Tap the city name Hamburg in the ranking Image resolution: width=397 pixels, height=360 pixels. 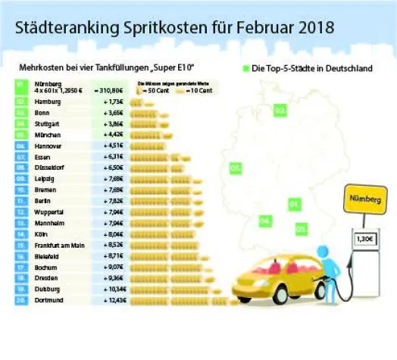48,101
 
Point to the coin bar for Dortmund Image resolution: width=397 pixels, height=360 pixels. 182,301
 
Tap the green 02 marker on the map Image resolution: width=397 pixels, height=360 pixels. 280,111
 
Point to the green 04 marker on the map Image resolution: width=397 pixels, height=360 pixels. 264,221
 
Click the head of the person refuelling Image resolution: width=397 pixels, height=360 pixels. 322,252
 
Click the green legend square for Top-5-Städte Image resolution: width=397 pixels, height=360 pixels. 246,69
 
